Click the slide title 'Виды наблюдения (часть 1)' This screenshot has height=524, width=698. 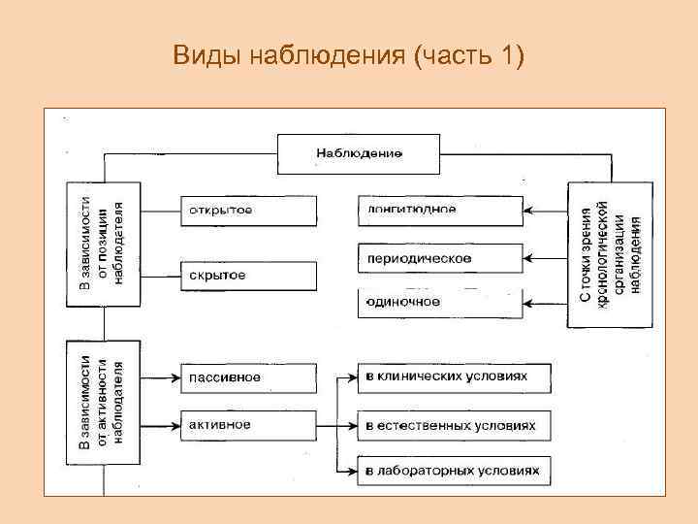click(348, 56)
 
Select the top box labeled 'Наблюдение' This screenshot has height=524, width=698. click(359, 152)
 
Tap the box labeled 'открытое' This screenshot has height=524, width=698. click(248, 211)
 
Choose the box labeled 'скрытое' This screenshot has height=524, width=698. click(248, 276)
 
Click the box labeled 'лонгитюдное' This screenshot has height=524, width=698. click(440, 210)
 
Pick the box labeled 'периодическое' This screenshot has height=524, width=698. click(440, 258)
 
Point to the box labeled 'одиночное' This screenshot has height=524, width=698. click(440, 302)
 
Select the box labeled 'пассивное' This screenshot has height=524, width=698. click(248, 377)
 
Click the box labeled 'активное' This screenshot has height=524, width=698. click(248, 425)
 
